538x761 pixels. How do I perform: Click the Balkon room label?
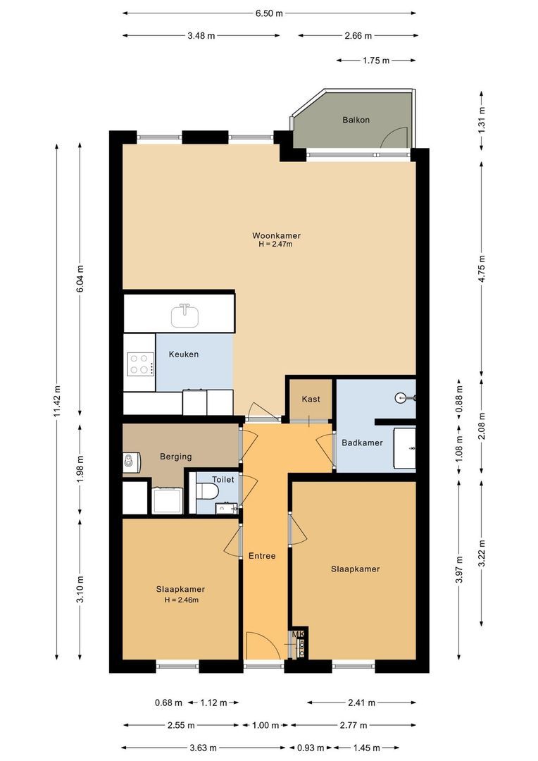point(356,120)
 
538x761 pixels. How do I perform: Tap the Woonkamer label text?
point(271,235)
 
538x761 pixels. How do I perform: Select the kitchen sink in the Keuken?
point(184,315)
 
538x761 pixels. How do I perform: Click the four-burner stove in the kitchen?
point(139,363)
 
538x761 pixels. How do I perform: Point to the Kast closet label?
point(311,400)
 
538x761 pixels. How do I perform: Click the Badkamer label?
point(362,443)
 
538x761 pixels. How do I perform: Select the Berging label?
point(175,457)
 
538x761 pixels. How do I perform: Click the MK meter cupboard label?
point(299,635)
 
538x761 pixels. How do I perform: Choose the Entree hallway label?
point(262,556)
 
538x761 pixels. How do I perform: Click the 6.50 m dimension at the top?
point(269,13)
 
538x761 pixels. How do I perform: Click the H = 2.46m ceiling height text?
point(181,600)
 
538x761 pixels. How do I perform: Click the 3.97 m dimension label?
point(459,570)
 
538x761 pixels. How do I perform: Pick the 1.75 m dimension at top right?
point(376,61)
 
